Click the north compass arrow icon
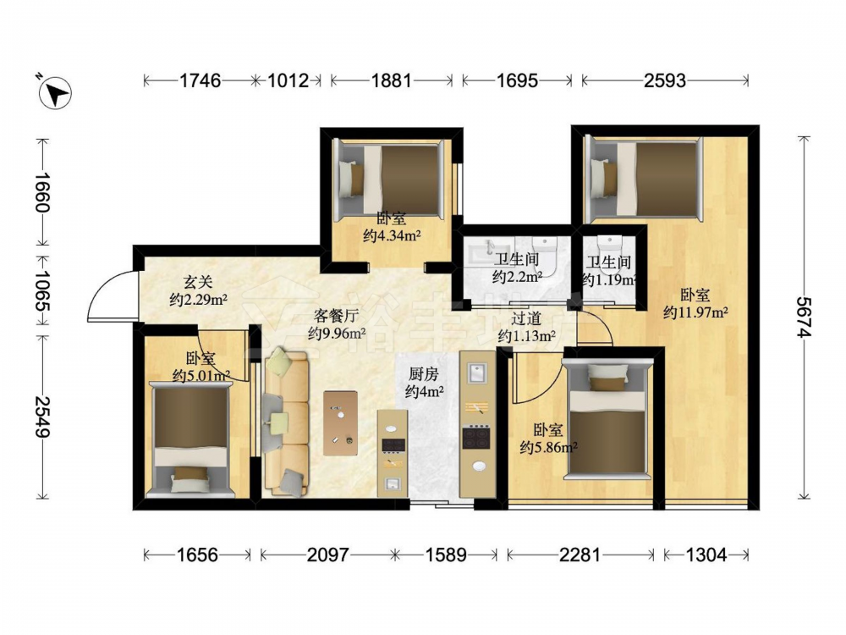coord(55,92)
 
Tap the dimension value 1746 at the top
coord(201,80)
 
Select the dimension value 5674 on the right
coord(805,317)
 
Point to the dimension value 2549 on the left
coord(42,417)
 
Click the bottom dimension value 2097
coord(327,555)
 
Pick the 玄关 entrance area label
coord(198,282)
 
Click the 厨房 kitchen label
coord(424,374)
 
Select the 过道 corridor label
coord(526,318)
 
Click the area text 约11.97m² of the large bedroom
coord(696,312)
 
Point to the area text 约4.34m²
coord(392,236)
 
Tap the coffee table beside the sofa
coord(340,423)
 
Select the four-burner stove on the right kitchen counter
coord(475,438)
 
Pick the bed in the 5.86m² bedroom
coord(607,419)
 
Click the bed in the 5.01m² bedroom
coord(190,439)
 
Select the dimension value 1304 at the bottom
coord(706,555)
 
